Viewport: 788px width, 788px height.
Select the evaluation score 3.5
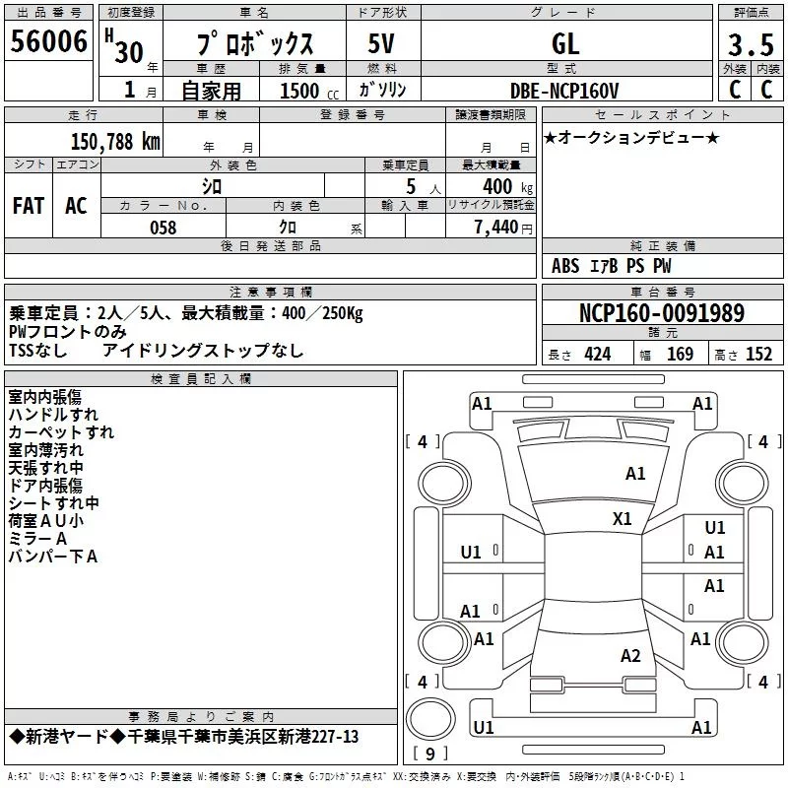pyautogui.click(x=752, y=45)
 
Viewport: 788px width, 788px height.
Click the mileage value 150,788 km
pyautogui.click(x=115, y=141)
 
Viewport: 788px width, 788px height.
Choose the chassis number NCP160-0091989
pyautogui.click(x=662, y=313)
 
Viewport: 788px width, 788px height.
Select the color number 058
pyautogui.click(x=163, y=228)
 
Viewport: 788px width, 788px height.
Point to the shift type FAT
pyautogui.click(x=28, y=206)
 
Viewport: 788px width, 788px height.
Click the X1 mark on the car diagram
pyautogui.click(x=623, y=518)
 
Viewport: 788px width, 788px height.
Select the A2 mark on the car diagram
pyautogui.click(x=631, y=656)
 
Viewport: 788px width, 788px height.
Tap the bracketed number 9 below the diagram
pyautogui.click(x=429, y=755)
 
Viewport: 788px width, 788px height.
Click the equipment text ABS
pyautogui.click(x=565, y=266)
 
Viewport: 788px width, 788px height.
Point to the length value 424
pyautogui.click(x=597, y=355)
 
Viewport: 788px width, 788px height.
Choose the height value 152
pyautogui.click(x=758, y=355)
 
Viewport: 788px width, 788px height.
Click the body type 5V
pyautogui.click(x=382, y=44)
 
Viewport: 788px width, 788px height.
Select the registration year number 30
pyautogui.click(x=128, y=52)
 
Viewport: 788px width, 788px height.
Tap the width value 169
pyautogui.click(x=680, y=355)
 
